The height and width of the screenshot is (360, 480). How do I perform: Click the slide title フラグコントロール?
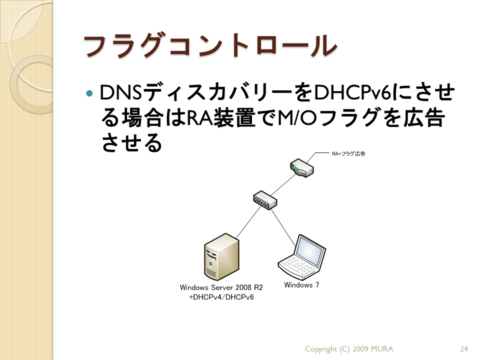coord(210,45)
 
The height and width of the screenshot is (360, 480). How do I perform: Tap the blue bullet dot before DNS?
coord(89,93)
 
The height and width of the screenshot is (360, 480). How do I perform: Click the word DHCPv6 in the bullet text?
coord(352,93)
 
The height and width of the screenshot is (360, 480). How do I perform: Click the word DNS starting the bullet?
coord(121,93)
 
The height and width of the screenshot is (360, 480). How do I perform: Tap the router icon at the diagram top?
coord(301,167)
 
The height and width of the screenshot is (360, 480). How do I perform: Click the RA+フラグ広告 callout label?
coord(348,153)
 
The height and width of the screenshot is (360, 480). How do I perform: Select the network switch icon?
coord(265,200)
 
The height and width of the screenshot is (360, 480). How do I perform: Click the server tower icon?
coord(221,257)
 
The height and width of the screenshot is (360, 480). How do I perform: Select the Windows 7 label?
coord(301,285)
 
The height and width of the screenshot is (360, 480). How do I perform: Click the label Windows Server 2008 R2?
coord(221,287)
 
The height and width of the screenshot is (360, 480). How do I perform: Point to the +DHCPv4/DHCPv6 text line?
coord(221,297)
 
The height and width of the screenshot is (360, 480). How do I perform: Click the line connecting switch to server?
coord(248,222)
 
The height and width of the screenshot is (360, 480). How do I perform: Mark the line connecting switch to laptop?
coord(283,228)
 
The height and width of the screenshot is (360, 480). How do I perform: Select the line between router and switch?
coord(283,184)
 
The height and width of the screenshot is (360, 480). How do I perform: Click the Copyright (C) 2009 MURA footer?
coord(349,349)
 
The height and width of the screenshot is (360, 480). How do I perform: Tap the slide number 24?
coord(464,349)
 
